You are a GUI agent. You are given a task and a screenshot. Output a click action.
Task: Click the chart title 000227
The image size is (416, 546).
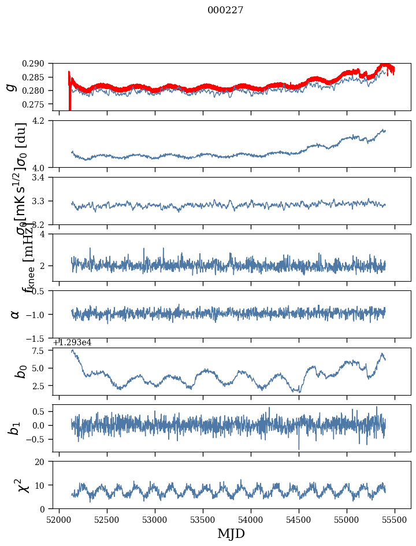(225, 10)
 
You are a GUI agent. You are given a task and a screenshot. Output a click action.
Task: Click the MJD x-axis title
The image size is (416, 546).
(231, 534)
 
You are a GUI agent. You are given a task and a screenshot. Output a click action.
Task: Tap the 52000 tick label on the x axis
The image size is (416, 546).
(59, 521)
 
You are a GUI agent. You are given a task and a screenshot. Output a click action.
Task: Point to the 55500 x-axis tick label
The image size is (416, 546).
(395, 521)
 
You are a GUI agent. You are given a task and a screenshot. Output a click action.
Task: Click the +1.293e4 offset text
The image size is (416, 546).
(72, 342)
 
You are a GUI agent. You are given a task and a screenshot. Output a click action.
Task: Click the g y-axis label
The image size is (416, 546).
(11, 87)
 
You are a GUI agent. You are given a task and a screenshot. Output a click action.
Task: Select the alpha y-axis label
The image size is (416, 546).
(14, 314)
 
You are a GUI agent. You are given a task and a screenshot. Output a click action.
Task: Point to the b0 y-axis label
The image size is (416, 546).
(21, 371)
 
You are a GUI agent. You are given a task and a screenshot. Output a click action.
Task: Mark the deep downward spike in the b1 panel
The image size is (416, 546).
(299, 448)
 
